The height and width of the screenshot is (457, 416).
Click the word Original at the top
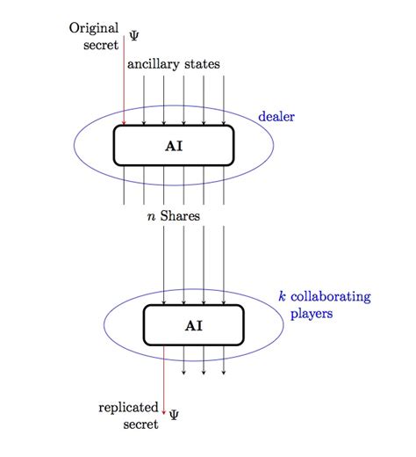click(x=94, y=28)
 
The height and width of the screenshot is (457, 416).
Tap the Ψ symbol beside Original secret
click(x=134, y=36)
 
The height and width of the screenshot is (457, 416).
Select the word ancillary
click(x=154, y=64)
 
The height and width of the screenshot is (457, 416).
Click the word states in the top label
click(x=202, y=64)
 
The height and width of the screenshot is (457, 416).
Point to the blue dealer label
click(x=276, y=116)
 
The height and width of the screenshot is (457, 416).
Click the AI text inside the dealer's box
click(x=174, y=145)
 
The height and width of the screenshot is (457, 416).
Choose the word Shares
click(x=180, y=215)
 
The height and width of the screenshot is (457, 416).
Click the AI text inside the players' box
click(x=194, y=325)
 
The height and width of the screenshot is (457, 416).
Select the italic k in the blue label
click(x=282, y=297)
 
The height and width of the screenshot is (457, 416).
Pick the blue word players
click(x=313, y=314)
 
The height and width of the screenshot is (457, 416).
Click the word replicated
click(x=128, y=408)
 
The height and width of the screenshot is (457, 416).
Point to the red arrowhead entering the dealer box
click(x=124, y=122)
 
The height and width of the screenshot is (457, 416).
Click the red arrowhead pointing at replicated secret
click(x=164, y=407)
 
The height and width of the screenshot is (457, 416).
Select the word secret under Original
click(x=100, y=45)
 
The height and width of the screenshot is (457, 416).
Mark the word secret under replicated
click(x=140, y=424)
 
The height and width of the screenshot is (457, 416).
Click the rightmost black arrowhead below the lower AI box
click(x=224, y=372)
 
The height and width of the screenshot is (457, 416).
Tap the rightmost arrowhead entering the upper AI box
click(x=224, y=122)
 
